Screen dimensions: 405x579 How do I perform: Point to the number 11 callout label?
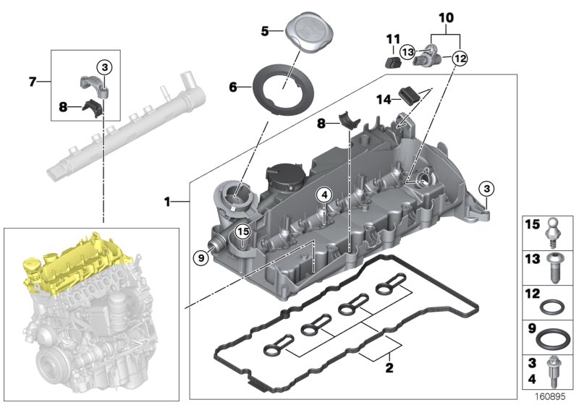click(x=392, y=38)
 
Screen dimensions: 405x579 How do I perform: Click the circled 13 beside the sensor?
click(x=407, y=51)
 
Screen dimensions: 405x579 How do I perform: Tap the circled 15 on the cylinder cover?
click(x=242, y=231)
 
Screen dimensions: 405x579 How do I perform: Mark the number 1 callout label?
click(x=168, y=202)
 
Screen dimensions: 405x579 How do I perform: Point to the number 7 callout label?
click(x=33, y=82)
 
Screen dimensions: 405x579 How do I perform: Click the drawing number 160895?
click(x=551, y=396)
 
